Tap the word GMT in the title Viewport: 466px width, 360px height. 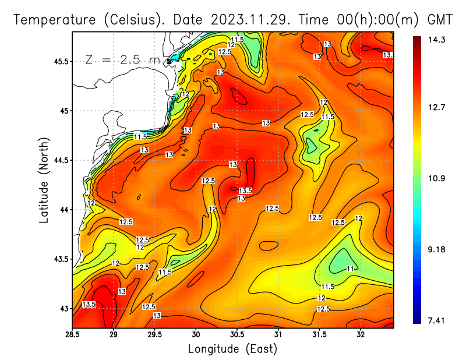(440, 20)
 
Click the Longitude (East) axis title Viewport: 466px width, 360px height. (232, 348)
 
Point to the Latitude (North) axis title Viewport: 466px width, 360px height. (44, 180)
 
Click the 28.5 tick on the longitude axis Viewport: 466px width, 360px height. (73, 334)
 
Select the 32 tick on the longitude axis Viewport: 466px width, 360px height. (361, 334)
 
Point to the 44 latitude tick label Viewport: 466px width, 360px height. (63, 210)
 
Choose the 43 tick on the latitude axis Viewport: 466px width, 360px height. (63, 308)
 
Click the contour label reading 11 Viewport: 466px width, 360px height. (350, 269)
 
